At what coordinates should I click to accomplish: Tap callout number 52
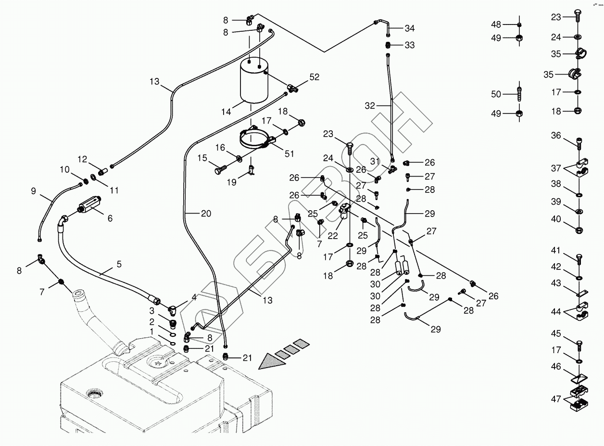click(x=314, y=77)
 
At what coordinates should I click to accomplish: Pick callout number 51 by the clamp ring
click(x=289, y=153)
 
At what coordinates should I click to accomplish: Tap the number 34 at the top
click(x=409, y=28)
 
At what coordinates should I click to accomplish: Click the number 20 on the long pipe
click(x=206, y=214)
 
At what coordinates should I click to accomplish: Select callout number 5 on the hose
click(x=119, y=264)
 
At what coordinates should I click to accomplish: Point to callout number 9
click(x=33, y=191)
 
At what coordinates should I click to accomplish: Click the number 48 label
click(x=496, y=25)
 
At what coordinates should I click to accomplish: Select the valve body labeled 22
click(x=345, y=213)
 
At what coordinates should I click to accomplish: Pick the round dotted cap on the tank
click(x=94, y=395)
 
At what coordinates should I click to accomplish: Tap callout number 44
click(x=556, y=312)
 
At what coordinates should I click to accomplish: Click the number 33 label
click(x=409, y=45)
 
